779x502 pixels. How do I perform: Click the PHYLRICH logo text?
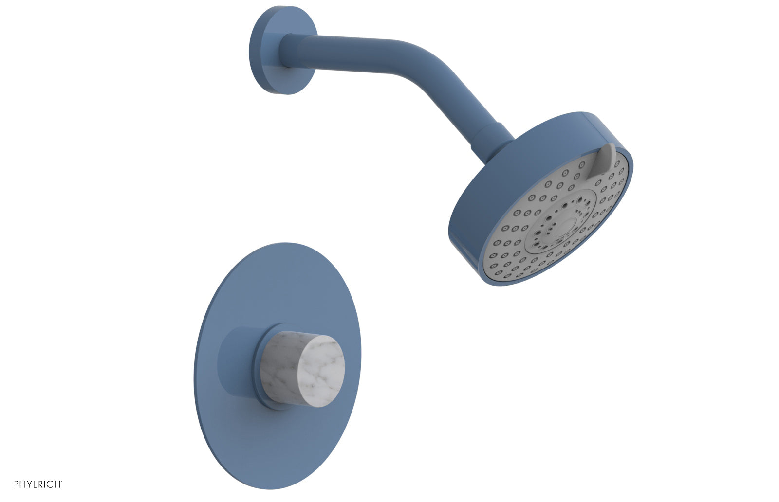coord(37,484)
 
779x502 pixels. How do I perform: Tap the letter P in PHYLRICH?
coord(17,484)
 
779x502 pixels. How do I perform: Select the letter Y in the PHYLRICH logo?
coord(29,484)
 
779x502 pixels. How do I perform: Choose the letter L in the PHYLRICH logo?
coord(36,484)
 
